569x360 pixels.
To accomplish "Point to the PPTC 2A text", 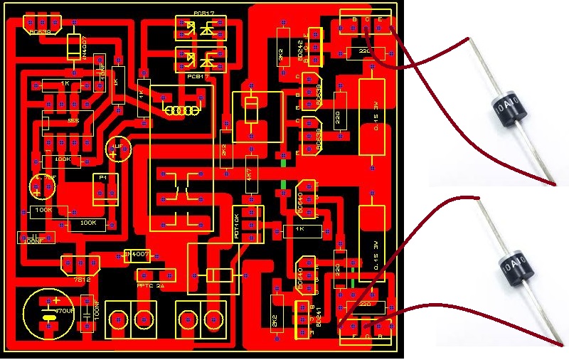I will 149,285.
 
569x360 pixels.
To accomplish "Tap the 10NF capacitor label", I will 102,74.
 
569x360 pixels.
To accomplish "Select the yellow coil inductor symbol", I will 180,110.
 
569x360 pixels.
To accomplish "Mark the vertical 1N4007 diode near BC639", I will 73,47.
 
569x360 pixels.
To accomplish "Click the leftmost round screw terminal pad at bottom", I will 119,319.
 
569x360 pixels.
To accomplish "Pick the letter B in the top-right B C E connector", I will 354,18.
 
